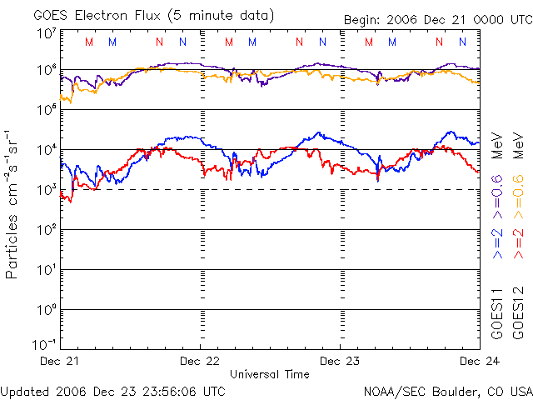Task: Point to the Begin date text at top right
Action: pyautogui.click(x=438, y=20)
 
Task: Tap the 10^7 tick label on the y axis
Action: pyautogui.click(x=47, y=33)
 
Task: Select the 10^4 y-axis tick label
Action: pyautogui.click(x=47, y=149)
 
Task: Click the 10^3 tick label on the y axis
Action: pyautogui.click(x=47, y=189)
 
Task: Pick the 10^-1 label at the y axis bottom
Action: pyautogui.click(x=45, y=344)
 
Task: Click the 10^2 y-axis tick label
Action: pyautogui.click(x=47, y=230)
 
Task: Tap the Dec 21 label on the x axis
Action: pyautogui.click(x=59, y=361)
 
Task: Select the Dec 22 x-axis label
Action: pyautogui.click(x=200, y=361)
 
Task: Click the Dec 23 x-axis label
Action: pyautogui.click(x=340, y=361)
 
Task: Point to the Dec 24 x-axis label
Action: pyautogui.click(x=480, y=361)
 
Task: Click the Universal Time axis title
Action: pyautogui.click(x=270, y=374)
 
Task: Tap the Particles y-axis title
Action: pyautogui.click(x=11, y=247)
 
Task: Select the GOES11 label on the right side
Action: pyautogui.click(x=497, y=313)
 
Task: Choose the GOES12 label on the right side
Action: pyautogui.click(x=518, y=313)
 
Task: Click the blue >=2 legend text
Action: pyautogui.click(x=497, y=243)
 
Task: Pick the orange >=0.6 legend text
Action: pyautogui.click(x=518, y=197)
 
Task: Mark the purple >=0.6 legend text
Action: pyautogui.click(x=497, y=197)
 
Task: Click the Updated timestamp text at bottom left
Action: pyautogui.click(x=112, y=392)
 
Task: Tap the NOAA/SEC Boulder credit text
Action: pyautogui.click(x=448, y=392)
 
